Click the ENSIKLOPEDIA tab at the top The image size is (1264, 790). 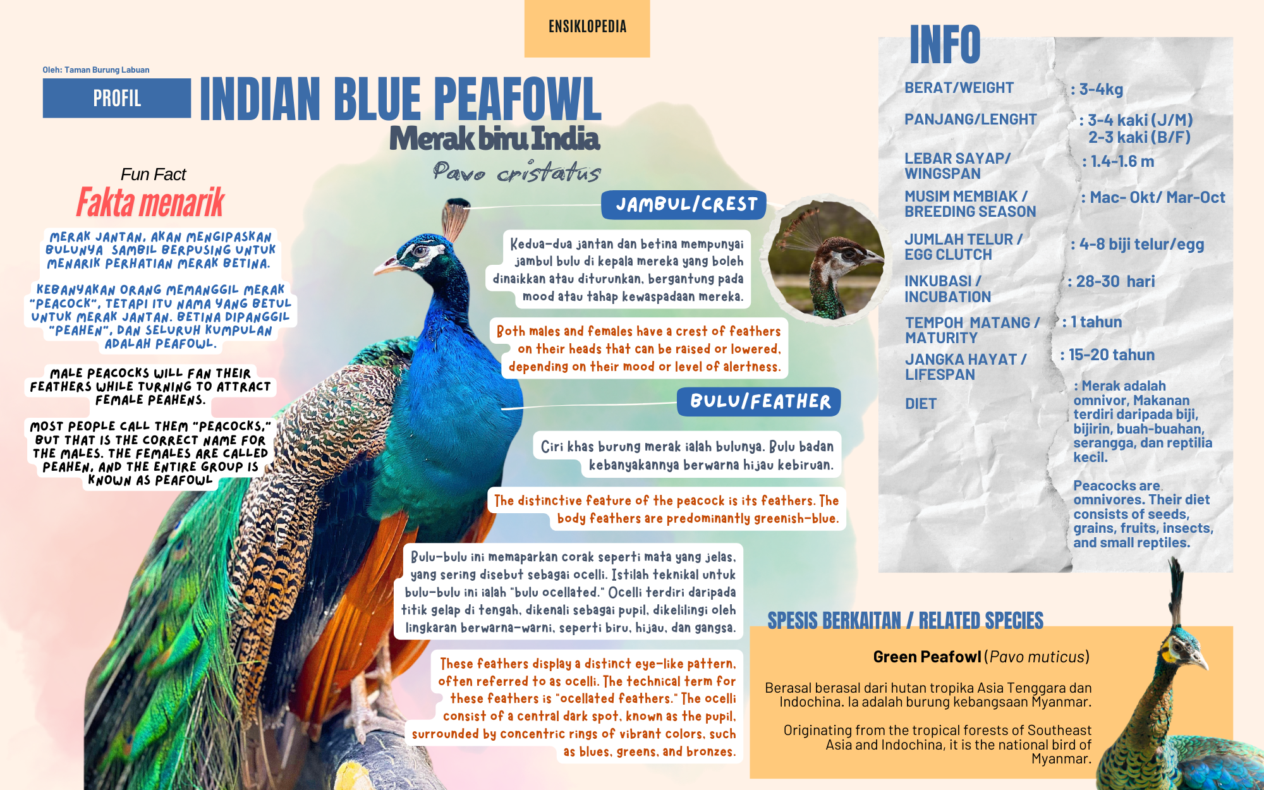[587, 28]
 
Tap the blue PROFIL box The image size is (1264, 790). [117, 98]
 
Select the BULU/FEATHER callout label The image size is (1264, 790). [759, 401]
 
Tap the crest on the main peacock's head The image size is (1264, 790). [455, 219]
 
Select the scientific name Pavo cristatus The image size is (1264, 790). [516, 171]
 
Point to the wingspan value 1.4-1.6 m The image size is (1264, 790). [1118, 161]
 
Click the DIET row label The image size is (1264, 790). [921, 404]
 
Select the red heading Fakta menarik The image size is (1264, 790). [150, 202]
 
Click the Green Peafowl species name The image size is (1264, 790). [927, 657]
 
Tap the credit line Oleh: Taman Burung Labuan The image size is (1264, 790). [96, 70]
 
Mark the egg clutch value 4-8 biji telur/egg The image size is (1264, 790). [1138, 245]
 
